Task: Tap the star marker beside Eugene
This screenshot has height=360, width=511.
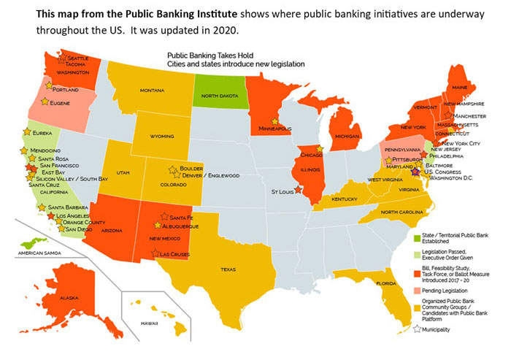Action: (45, 102)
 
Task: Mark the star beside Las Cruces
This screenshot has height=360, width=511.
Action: (154, 253)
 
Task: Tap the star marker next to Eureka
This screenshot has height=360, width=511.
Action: (28, 131)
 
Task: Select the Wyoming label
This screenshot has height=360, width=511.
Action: (162, 136)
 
